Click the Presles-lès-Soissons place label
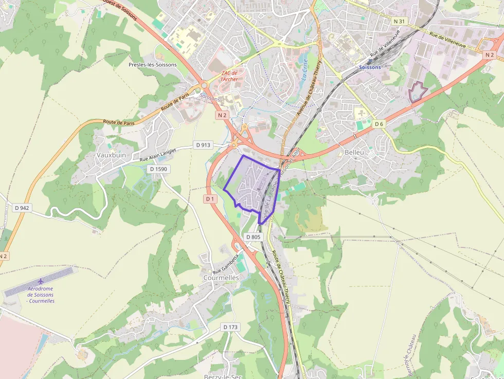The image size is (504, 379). pyautogui.click(x=152, y=65)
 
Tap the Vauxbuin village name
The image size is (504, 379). pyautogui.click(x=111, y=154)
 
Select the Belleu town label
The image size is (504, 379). pyautogui.click(x=354, y=152)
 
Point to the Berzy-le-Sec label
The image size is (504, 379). pyautogui.click(x=223, y=376)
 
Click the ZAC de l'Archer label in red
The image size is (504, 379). pyautogui.click(x=229, y=76)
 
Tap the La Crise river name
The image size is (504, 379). pyautogui.click(x=305, y=70)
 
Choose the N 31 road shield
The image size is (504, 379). pyautogui.click(x=399, y=22)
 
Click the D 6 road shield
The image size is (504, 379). pyautogui.click(x=379, y=124)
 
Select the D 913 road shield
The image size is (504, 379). pyautogui.click(x=204, y=145)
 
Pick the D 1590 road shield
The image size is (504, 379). pyautogui.click(x=157, y=169)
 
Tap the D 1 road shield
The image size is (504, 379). pyautogui.click(x=209, y=198)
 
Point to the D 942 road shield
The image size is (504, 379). pyautogui.click(x=22, y=208)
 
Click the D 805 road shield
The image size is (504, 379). pyautogui.click(x=254, y=237)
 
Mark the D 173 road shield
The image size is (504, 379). pyautogui.click(x=231, y=327)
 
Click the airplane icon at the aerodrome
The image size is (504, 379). pyautogui.click(x=41, y=281)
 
